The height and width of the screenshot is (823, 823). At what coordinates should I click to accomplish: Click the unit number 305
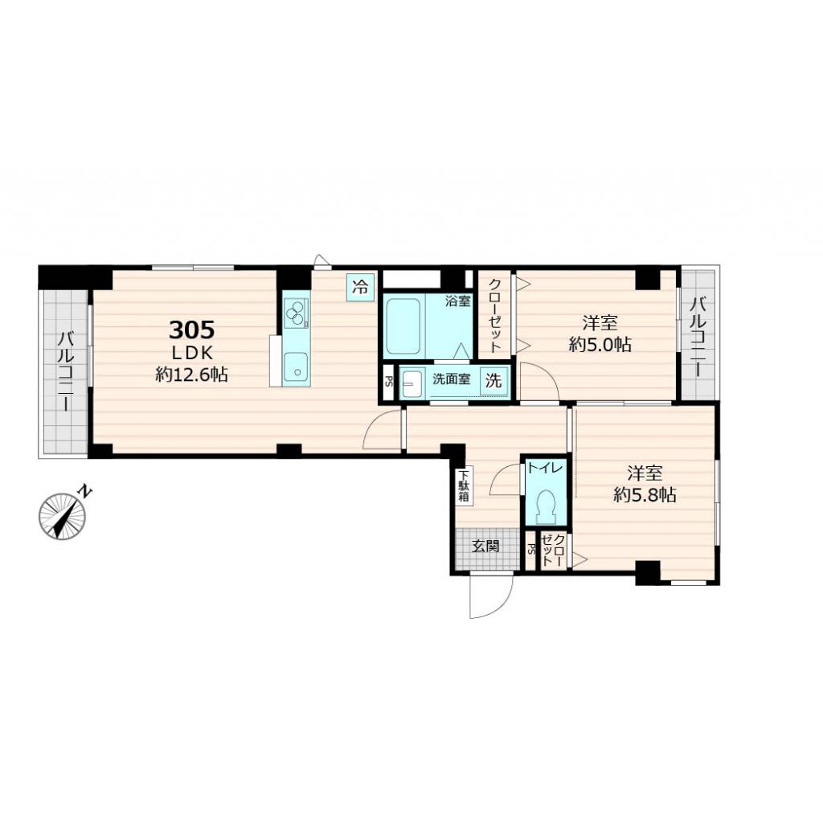(x=191, y=330)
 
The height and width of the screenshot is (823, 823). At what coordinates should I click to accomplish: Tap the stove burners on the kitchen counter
(x=297, y=312)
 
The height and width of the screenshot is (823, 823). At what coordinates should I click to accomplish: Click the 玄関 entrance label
(x=485, y=547)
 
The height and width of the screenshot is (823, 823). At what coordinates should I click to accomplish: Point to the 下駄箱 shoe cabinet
(x=464, y=485)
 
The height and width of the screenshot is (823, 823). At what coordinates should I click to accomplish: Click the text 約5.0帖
(x=600, y=346)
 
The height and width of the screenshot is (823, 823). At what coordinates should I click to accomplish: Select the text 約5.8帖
(x=645, y=495)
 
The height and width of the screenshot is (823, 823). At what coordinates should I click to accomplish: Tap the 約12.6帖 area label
(x=191, y=374)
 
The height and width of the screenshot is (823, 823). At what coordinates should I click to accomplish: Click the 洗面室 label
(x=452, y=380)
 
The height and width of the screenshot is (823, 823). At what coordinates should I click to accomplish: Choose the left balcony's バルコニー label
(x=63, y=371)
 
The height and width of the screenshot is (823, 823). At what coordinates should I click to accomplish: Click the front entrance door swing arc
(x=492, y=599)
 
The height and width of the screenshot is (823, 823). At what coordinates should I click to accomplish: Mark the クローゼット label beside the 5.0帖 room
(x=496, y=314)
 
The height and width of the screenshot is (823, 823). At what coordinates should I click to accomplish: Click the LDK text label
(x=191, y=352)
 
